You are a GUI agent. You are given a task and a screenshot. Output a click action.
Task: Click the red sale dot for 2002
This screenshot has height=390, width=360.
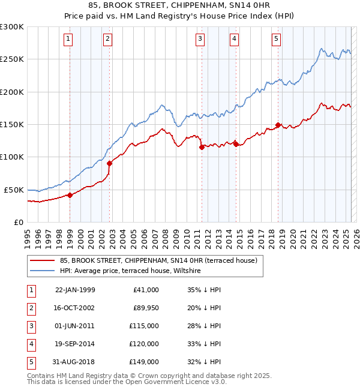110,163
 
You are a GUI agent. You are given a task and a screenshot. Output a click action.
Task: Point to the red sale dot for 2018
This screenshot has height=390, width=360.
278,125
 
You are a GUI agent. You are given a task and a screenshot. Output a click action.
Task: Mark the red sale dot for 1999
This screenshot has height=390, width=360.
70,195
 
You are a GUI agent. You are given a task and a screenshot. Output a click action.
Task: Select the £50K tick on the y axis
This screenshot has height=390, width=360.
14,190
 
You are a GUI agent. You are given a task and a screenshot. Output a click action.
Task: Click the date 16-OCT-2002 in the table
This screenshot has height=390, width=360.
75,308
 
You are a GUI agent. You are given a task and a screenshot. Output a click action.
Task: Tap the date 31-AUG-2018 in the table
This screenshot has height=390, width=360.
75,362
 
